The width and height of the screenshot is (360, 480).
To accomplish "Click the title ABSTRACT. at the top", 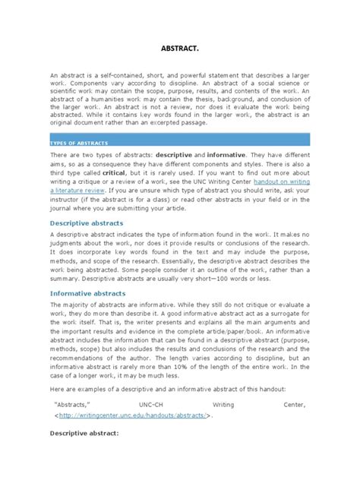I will (x=180, y=47).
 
